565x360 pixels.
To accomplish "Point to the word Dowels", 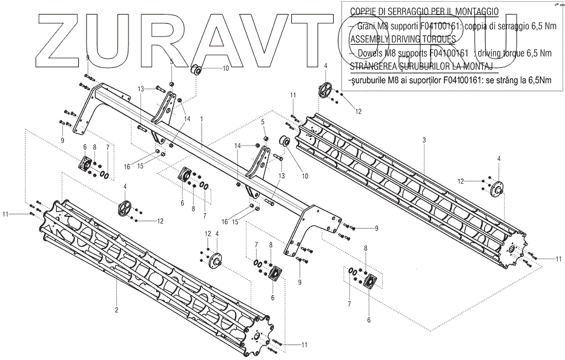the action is coord(372,53).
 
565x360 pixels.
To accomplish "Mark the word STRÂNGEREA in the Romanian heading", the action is coord(375,65).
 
